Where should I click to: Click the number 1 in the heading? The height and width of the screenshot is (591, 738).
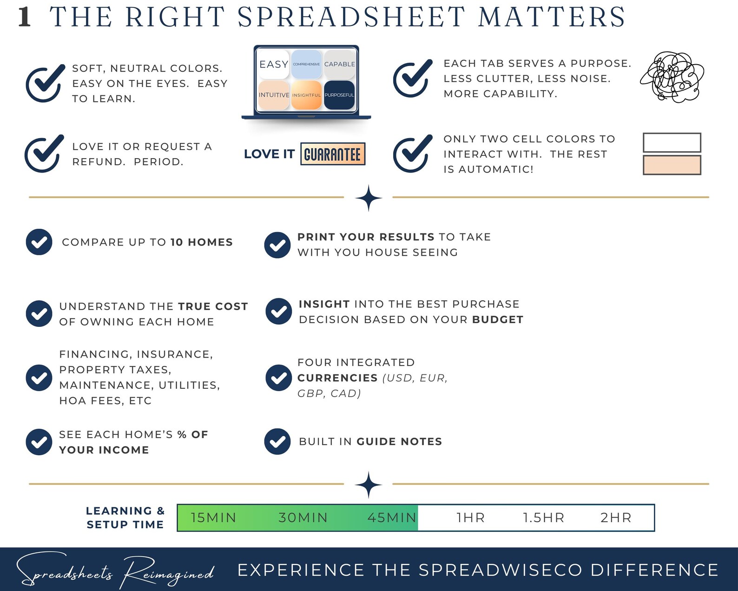click(x=25, y=17)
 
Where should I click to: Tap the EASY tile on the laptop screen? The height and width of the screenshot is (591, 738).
click(x=274, y=64)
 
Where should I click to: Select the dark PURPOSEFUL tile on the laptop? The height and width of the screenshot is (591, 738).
click(x=339, y=95)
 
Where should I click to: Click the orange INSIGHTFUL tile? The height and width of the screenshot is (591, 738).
click(x=307, y=95)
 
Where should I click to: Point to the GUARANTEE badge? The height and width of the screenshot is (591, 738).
click(x=333, y=154)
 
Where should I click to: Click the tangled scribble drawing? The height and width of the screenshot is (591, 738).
click(x=672, y=77)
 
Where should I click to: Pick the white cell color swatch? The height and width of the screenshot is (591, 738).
click(x=672, y=142)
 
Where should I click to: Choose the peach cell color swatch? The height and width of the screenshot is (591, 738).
click(x=672, y=165)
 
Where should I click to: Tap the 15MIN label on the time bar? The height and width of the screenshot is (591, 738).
click(x=213, y=518)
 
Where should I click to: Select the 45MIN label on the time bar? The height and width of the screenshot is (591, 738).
click(x=392, y=518)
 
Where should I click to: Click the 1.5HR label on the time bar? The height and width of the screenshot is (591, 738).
click(x=543, y=518)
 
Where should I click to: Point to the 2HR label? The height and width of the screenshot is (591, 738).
click(x=616, y=518)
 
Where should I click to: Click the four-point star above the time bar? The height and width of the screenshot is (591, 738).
click(x=369, y=485)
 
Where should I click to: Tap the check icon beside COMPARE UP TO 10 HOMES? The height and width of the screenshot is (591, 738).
click(x=39, y=242)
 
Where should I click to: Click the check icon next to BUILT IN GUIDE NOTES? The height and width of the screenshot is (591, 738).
click(x=277, y=441)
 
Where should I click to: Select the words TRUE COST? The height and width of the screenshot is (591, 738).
click(x=213, y=306)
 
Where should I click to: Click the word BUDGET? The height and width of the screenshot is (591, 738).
click(x=498, y=319)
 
